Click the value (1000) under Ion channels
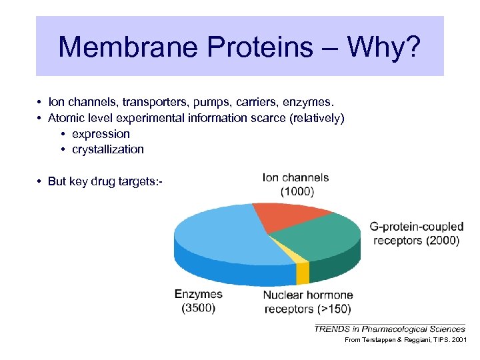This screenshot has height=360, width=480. point(297,191)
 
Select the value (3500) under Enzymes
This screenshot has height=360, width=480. point(199,308)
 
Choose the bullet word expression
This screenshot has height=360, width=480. point(101,134)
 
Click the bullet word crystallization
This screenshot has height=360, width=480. point(107,149)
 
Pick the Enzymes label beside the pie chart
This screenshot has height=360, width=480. point(199,294)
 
